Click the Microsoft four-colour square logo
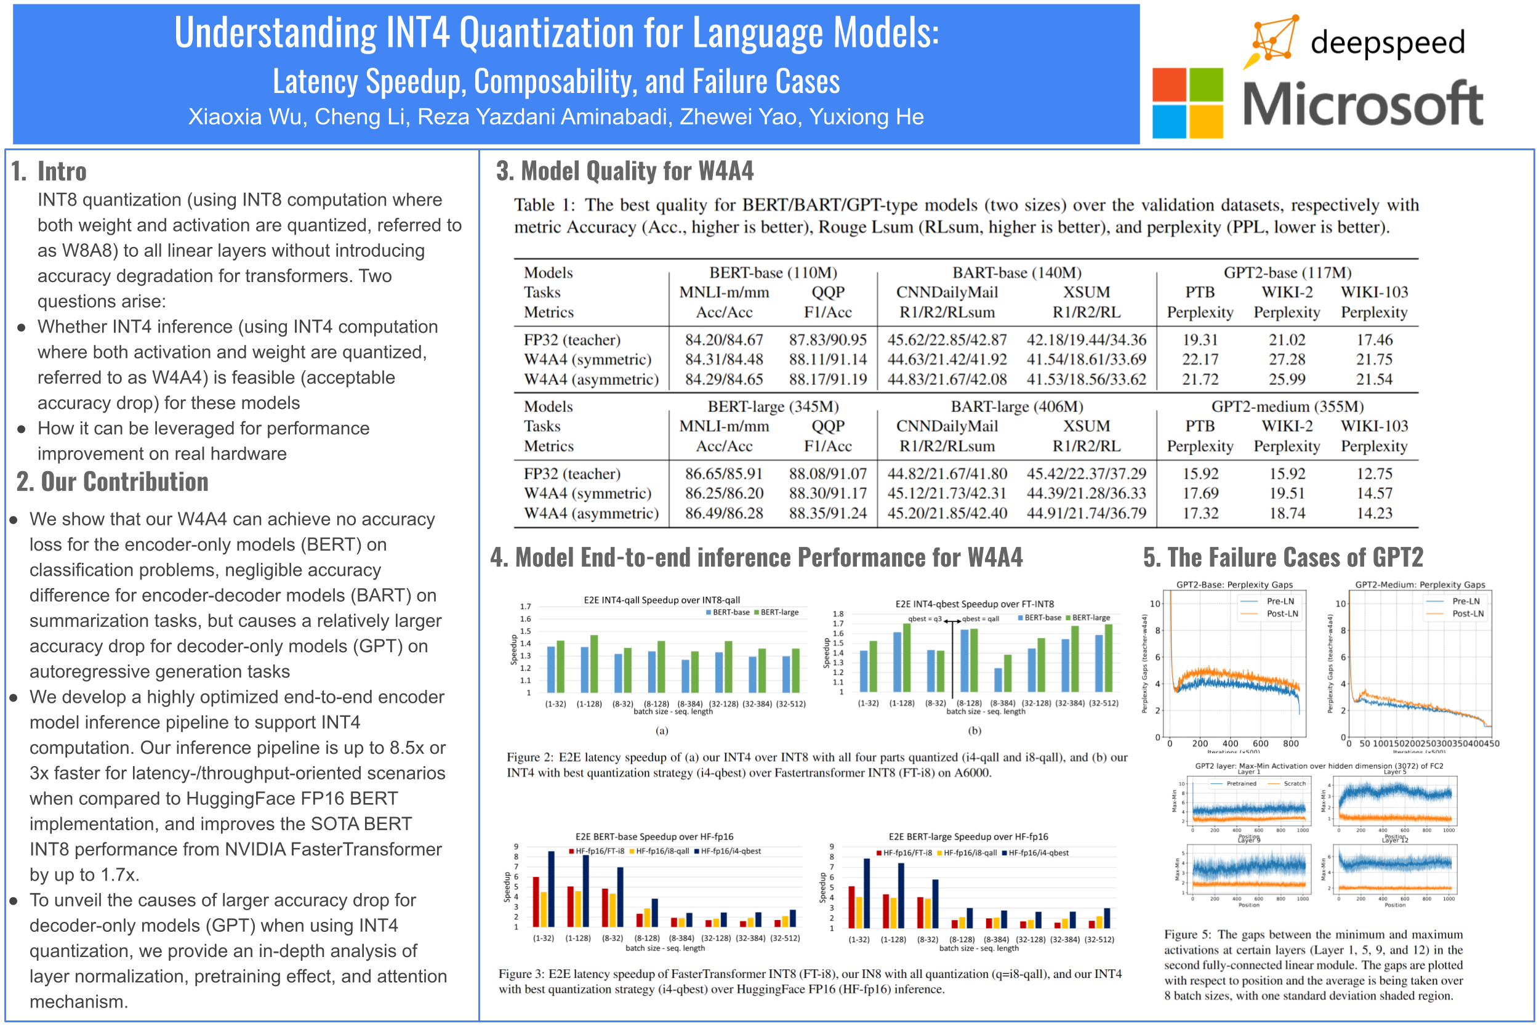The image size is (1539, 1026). pos(1187,103)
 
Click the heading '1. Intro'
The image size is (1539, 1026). pos(50,171)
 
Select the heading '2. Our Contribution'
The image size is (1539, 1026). pos(113,482)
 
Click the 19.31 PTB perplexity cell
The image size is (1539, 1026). pos(1200,339)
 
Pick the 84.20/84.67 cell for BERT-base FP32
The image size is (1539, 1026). pos(723,339)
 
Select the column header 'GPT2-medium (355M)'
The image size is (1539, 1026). pos(1287,406)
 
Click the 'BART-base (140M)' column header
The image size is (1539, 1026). pos(1016,272)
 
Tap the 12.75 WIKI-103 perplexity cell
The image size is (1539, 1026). pos(1374,473)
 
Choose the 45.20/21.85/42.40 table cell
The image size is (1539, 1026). pos(946,513)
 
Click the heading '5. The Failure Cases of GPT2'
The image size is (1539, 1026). pos(1283,557)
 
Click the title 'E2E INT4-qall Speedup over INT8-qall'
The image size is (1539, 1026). pos(661,599)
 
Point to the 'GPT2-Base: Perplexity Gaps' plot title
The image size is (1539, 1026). pos(1234,584)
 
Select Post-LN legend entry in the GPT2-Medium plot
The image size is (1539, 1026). pos(1467,613)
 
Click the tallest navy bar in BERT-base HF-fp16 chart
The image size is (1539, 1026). pos(552,888)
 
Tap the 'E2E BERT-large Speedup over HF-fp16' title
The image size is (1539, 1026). pos(968,836)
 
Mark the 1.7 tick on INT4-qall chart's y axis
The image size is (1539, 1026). pos(525,607)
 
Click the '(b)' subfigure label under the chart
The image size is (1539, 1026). pos(974,730)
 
